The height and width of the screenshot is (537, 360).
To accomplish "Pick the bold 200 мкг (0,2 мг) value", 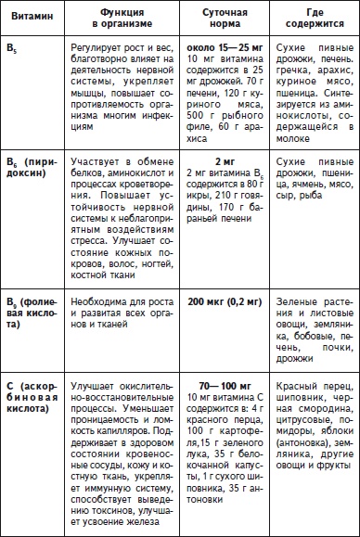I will [225, 304].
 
